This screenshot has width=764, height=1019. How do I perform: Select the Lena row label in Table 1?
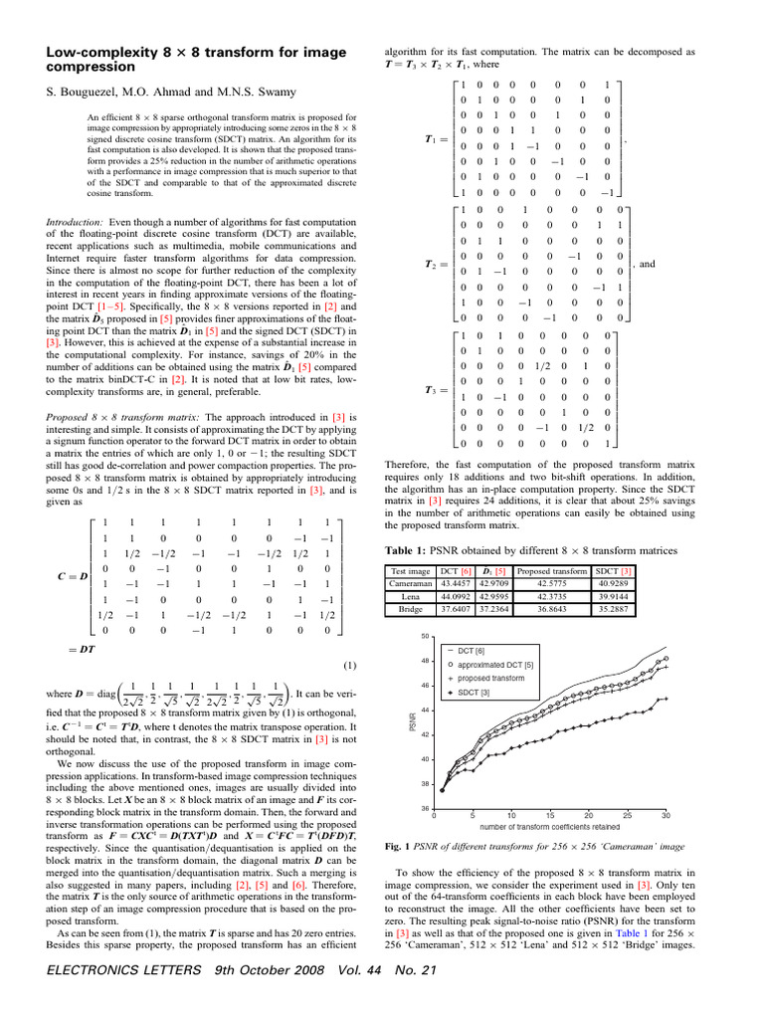[x=410, y=597]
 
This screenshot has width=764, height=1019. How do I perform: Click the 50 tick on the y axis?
[x=424, y=637]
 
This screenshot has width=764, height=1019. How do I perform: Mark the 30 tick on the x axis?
[x=666, y=815]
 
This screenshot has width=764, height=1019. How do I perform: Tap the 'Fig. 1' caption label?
[x=398, y=846]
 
